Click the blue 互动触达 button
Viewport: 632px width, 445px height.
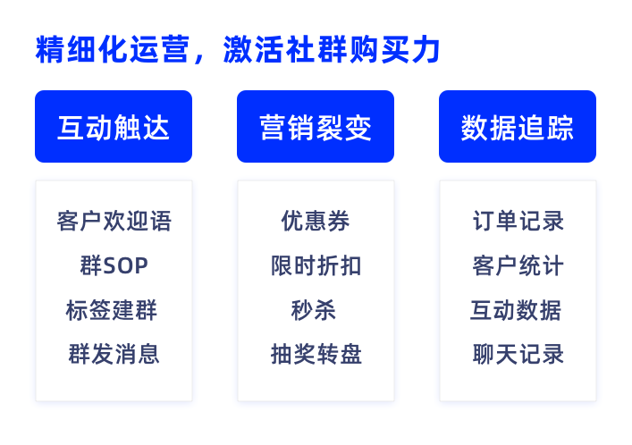114,127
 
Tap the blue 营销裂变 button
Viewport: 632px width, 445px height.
316,127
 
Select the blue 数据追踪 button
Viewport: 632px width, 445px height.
518,127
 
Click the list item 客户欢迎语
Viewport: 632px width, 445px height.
114,221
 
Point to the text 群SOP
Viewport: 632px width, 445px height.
114,265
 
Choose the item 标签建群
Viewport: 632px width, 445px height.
111,310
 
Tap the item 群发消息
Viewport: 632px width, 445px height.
114,355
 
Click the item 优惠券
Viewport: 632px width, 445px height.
316,221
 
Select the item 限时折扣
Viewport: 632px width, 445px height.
316,265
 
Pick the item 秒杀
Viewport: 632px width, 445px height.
314,310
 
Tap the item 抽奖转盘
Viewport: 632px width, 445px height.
316,355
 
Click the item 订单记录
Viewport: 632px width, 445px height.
518,221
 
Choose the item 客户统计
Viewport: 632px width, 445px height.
518,265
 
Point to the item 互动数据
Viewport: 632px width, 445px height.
516,310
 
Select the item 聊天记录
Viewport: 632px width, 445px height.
518,355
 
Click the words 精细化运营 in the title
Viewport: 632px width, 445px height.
113,49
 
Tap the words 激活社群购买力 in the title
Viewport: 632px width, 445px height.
332,49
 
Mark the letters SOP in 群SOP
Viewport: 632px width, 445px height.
126,266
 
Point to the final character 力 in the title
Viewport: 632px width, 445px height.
426,49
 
